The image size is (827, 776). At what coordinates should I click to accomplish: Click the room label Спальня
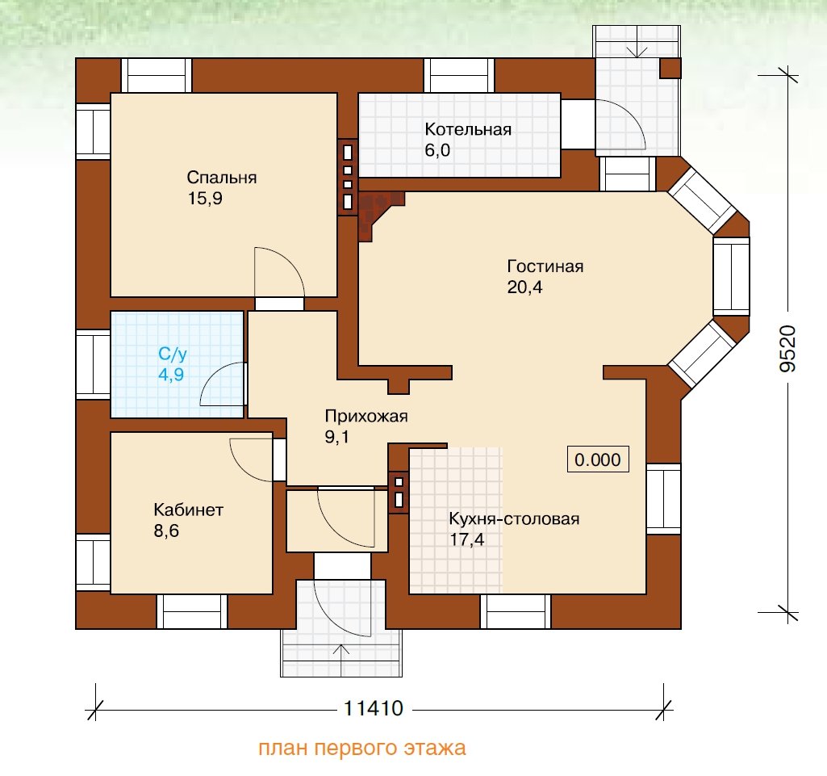pos(222,178)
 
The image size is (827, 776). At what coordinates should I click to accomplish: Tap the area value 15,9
pos(205,199)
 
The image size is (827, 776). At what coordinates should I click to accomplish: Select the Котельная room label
pos(468,129)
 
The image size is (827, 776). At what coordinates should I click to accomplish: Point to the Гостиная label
pos(545,266)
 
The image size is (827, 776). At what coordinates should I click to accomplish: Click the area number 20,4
pos(524,287)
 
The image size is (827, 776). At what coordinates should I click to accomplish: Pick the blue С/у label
pos(173,354)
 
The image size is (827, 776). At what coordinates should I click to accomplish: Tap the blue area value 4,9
pos(171,375)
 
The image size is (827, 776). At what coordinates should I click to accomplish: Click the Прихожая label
pos(366,416)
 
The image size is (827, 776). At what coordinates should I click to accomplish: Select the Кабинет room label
pos(188,510)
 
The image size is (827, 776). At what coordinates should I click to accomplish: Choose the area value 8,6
pos(166,531)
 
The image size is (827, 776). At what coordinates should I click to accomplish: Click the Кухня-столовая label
pos(514,518)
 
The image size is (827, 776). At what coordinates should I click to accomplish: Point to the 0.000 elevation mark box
pos(598,459)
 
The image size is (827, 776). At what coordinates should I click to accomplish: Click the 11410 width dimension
pos(374,708)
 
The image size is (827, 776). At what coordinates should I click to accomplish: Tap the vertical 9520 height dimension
pos(787,348)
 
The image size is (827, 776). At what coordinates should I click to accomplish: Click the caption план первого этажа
pos(361,748)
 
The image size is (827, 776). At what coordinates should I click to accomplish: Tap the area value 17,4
pos(467,539)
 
